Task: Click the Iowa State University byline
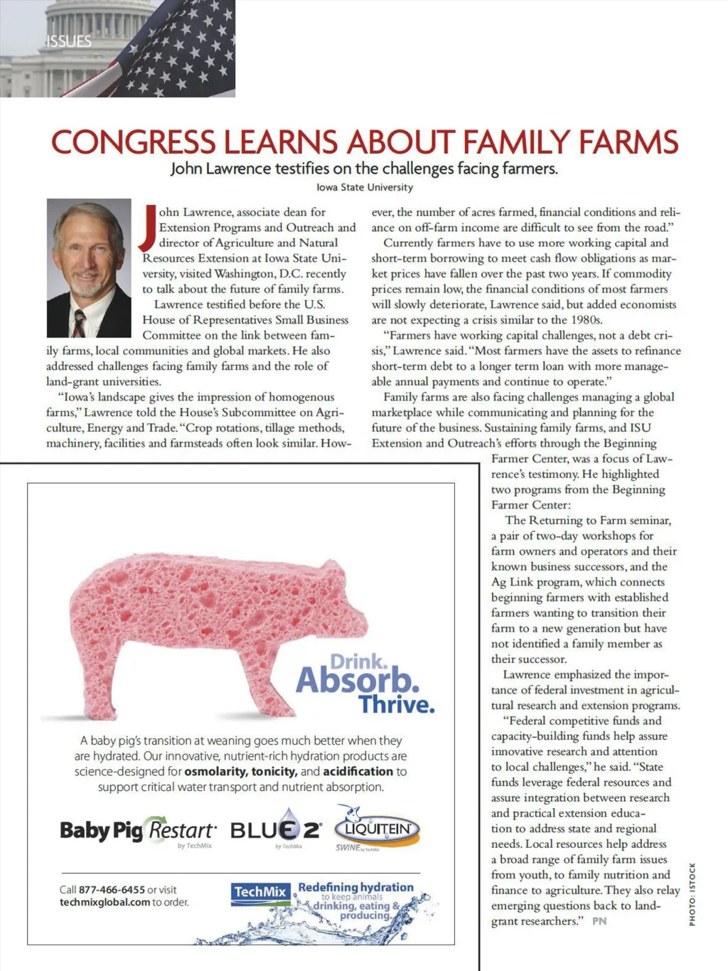364,187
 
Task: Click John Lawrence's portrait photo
89,267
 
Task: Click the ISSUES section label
69,41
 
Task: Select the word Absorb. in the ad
357,680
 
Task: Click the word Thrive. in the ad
396,704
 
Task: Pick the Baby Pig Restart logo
138,831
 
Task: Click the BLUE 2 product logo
276,829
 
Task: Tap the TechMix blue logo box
260,892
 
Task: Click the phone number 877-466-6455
112,889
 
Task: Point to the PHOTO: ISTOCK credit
692,894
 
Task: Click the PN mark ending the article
599,921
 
